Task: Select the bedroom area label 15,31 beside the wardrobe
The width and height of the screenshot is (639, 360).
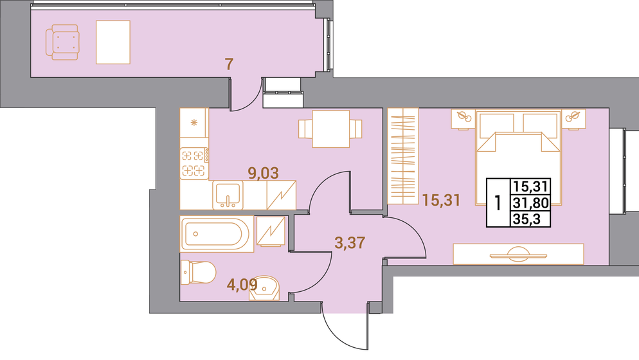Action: click(441, 201)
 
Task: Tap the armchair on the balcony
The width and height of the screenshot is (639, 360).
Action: click(62, 42)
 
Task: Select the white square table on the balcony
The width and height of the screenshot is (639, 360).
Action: click(113, 42)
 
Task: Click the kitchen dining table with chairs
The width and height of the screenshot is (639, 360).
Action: click(330, 129)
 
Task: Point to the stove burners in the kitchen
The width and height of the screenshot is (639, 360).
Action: click(194, 162)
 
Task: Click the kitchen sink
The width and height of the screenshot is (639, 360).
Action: click(228, 194)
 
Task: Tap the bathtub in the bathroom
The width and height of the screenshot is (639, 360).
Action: click(215, 235)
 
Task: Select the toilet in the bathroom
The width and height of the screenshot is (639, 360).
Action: click(197, 272)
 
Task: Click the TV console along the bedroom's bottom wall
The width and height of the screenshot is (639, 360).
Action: click(518, 254)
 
